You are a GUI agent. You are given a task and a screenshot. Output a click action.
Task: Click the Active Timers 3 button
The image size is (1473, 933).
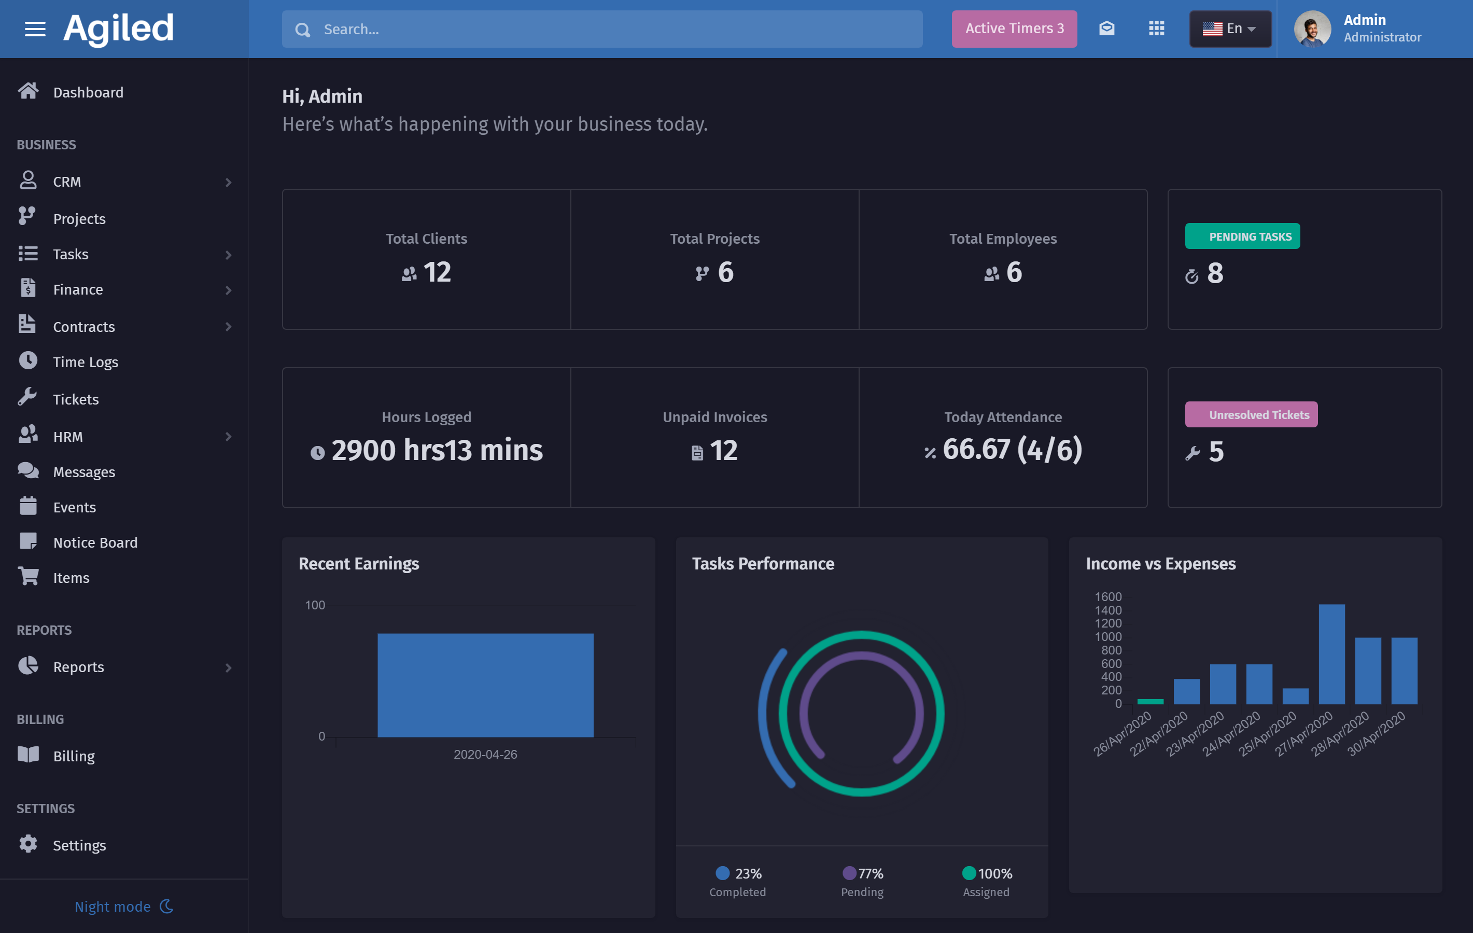pyautogui.click(x=1014, y=29)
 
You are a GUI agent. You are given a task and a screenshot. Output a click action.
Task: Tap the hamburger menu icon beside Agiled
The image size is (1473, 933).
pyautogui.click(x=35, y=29)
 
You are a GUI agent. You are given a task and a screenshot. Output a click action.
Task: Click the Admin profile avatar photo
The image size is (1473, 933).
pyautogui.click(x=1312, y=29)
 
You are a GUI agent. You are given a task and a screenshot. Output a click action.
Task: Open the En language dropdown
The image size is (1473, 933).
pyautogui.click(x=1229, y=29)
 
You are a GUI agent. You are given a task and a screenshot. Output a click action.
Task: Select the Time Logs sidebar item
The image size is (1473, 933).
pyautogui.click(x=85, y=362)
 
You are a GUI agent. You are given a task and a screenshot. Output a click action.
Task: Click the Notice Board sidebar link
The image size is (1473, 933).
pyautogui.click(x=95, y=542)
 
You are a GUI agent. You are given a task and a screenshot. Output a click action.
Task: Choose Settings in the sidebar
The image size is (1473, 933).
pyautogui.click(x=79, y=845)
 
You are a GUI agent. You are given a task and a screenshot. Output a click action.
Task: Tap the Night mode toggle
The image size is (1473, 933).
pyautogui.click(x=123, y=906)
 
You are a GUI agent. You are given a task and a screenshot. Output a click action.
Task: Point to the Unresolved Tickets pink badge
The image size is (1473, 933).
pyautogui.click(x=1251, y=415)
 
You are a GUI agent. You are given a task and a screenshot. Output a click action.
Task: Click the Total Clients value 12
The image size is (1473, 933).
pyautogui.click(x=437, y=272)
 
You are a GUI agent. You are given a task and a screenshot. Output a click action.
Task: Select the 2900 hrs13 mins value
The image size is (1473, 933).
pyautogui.click(x=436, y=450)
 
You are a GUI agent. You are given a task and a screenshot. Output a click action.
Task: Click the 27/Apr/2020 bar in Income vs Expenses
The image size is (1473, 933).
pyautogui.click(x=1331, y=654)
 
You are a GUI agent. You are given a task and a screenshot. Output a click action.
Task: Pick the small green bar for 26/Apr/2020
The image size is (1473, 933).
pyautogui.click(x=1150, y=701)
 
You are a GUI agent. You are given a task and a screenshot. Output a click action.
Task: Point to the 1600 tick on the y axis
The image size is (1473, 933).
pyautogui.click(x=1108, y=596)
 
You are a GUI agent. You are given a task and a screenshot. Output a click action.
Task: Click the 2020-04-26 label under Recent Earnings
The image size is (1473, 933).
pyautogui.click(x=485, y=755)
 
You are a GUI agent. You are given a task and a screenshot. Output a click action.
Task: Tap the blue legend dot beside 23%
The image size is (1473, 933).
pyautogui.click(x=722, y=872)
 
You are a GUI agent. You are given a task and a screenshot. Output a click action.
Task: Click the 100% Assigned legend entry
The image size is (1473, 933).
pyautogui.click(x=986, y=881)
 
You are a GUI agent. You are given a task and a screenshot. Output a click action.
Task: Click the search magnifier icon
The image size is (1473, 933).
pyautogui.click(x=303, y=30)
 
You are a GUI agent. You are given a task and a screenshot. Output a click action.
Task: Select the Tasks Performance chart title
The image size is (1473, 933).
pyautogui.click(x=763, y=563)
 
